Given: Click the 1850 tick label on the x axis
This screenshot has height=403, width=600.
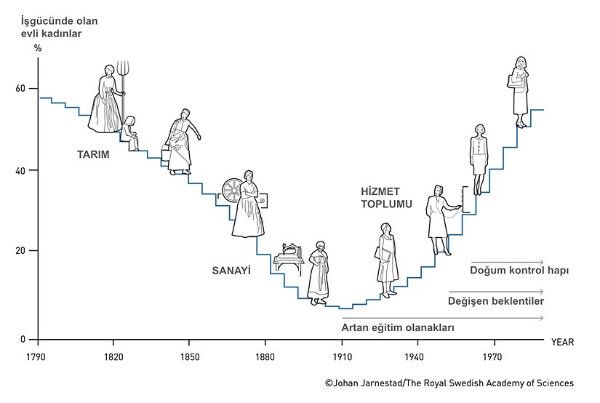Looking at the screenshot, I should [x=189, y=356].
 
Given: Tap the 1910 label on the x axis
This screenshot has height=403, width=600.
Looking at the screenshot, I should [x=342, y=356].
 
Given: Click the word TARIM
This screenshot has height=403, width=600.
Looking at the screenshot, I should [x=93, y=154].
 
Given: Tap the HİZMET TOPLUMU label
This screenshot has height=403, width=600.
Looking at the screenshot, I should [x=386, y=198].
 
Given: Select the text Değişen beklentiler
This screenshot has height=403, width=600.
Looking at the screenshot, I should [x=496, y=300].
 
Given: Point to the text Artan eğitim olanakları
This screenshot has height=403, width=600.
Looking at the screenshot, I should [x=398, y=328].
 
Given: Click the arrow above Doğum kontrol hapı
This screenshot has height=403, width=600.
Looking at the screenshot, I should [x=507, y=261].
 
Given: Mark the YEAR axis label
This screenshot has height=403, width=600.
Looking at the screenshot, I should [x=562, y=341].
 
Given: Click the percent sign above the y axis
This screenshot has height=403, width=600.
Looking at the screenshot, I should [x=38, y=47].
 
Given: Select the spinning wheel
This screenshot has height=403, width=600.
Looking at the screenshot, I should [x=232, y=191].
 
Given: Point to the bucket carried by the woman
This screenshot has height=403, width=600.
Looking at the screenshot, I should [x=167, y=154].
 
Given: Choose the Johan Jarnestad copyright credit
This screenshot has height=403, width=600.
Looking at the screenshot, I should [x=449, y=383].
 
